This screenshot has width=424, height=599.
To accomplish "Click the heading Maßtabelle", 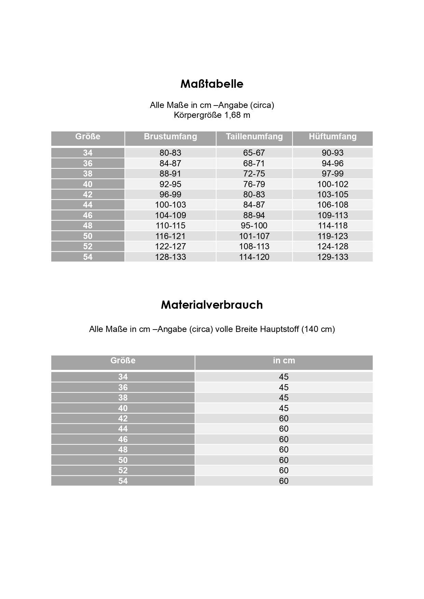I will tap(212, 84).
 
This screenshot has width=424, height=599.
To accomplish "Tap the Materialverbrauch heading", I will tap(212, 305).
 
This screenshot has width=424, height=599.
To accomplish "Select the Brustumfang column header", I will tap(170, 137).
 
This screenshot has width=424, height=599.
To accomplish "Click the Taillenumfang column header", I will tap(254, 137).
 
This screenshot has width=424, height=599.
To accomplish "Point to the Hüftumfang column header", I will tap(332, 137).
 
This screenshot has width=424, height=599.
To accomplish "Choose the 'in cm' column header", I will tap(284, 361).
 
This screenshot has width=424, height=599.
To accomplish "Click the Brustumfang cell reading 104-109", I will tap(170, 215).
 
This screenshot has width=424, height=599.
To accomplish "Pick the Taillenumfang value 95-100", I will tap(254, 226).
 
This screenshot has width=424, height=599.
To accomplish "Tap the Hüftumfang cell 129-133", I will tap(332, 257).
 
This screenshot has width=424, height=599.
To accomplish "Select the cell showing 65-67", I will tap(254, 153).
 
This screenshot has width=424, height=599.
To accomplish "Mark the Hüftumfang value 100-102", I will tap(332, 184).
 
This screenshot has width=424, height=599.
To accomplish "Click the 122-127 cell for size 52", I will tap(170, 246).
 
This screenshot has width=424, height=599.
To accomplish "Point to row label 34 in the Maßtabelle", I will tap(88, 153).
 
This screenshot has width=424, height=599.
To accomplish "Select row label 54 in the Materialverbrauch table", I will tap(123, 481).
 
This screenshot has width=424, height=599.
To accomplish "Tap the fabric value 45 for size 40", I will tap(284, 408).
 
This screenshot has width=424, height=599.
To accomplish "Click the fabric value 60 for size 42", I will tap(284, 418).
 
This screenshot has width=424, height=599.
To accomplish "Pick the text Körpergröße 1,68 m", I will tap(212, 115).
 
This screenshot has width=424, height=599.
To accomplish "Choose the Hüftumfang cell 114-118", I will tap(332, 226).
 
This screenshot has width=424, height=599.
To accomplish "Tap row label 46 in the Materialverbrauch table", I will tap(123, 439).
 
